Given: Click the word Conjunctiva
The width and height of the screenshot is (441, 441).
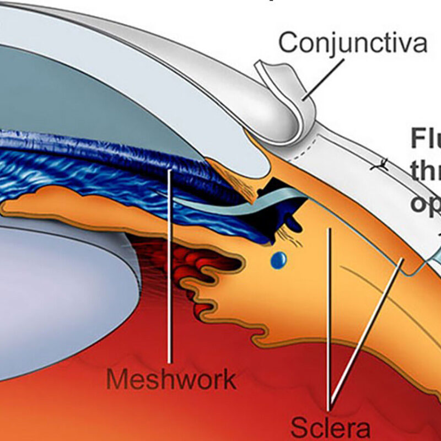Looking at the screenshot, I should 353,43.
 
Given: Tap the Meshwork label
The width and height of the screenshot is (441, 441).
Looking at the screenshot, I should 171,380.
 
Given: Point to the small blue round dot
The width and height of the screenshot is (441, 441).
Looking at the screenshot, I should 279,260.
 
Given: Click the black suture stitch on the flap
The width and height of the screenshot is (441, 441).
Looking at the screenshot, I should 378,164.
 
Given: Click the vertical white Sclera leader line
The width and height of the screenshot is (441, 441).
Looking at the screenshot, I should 329,320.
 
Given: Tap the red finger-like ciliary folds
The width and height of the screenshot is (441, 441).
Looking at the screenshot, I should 204,265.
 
